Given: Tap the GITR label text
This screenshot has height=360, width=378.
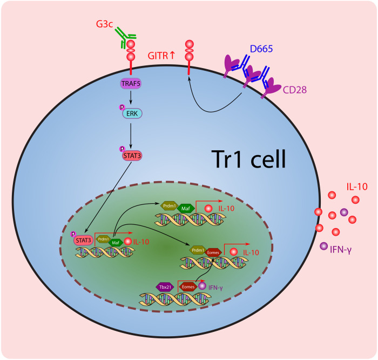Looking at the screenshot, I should click(160, 55).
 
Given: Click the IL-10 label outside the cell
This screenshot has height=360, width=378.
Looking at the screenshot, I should click(357, 187).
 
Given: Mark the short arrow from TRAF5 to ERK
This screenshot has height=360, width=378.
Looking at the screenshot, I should click(131, 98).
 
